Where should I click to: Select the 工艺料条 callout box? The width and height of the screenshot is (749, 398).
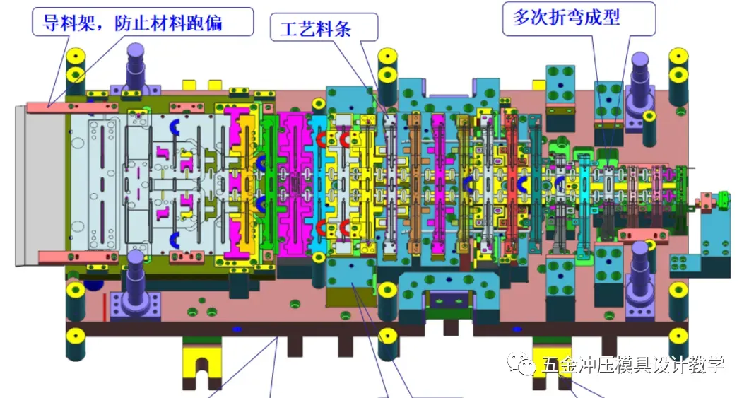pos(324,28)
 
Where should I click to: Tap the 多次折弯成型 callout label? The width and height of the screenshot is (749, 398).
pos(567,18)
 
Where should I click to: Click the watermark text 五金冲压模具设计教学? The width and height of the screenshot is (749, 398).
pos(633,365)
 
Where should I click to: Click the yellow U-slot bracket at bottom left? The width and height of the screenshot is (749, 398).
pos(202,361)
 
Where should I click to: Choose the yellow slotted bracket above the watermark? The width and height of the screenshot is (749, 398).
pos(553,353)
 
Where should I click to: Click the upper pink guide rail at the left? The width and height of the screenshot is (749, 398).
pos(71,106)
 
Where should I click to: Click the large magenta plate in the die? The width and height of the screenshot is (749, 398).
pos(293,184)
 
